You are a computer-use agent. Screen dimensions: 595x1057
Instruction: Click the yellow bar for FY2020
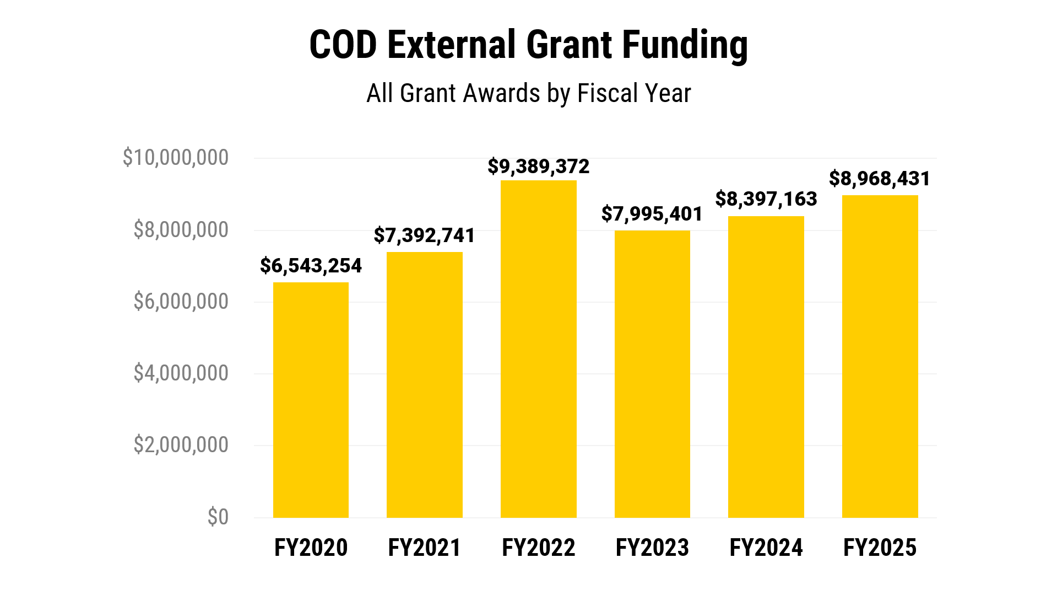click(x=311, y=400)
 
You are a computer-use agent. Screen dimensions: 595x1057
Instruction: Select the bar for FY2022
click(x=538, y=349)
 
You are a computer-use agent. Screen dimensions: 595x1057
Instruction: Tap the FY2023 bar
click(x=652, y=374)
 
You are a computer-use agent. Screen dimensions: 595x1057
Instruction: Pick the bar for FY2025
click(x=880, y=356)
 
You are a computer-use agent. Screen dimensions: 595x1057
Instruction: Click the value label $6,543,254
click(x=311, y=266)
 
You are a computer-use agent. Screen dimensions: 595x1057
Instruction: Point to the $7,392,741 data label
click(x=424, y=235)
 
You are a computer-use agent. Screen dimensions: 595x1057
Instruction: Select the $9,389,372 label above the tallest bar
click(x=538, y=167)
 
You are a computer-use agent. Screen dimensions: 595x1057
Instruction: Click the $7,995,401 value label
click(x=652, y=214)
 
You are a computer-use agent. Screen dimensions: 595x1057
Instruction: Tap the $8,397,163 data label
click(x=766, y=199)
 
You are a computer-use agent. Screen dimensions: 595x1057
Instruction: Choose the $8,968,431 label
click(x=880, y=179)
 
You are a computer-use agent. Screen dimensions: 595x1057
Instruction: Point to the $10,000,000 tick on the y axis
click(x=175, y=158)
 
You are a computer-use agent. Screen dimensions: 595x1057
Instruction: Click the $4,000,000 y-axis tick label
click(x=181, y=373)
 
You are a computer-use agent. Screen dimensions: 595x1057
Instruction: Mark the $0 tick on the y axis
click(x=218, y=517)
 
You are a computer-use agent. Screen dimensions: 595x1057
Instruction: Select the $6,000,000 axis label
click(x=181, y=302)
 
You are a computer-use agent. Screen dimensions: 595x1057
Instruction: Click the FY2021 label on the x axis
click(x=424, y=548)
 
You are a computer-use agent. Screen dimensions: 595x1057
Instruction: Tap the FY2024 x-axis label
click(x=766, y=548)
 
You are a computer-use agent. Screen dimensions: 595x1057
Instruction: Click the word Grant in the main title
click(x=569, y=45)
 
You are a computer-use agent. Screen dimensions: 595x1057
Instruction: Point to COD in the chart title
click(x=343, y=45)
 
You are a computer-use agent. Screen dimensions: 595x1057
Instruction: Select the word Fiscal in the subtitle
click(x=608, y=93)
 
